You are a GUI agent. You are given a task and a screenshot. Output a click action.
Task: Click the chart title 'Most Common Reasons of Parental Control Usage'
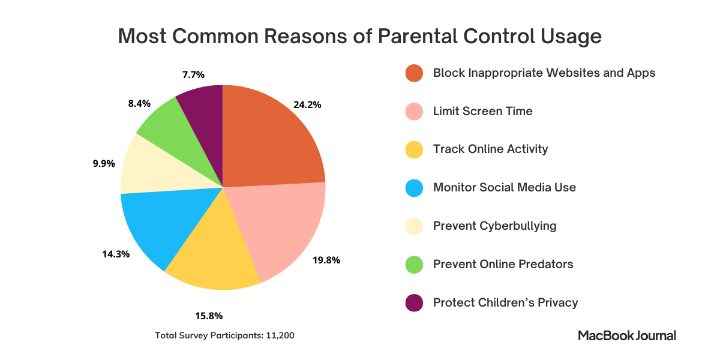pos(359,36)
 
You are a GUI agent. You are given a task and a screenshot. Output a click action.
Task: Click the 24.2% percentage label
pos(307,104)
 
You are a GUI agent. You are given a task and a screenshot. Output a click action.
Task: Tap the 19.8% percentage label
pos(326,260)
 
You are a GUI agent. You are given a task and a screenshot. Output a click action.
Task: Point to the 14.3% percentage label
pos(116,254)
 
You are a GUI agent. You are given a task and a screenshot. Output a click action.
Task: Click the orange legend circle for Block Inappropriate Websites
pos(414,73)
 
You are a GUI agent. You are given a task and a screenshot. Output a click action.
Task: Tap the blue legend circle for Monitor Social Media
pos(414,188)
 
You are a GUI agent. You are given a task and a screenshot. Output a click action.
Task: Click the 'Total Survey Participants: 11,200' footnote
pos(224,335)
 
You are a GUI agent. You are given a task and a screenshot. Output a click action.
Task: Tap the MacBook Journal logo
pos(627,335)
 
